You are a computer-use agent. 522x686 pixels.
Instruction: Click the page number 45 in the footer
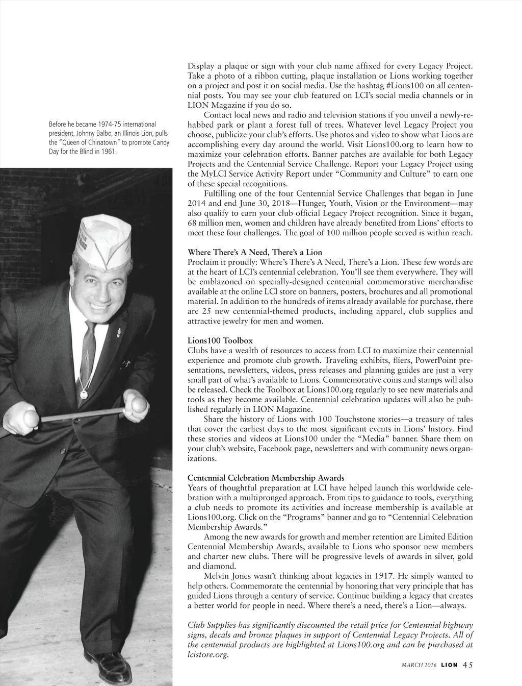point(468,665)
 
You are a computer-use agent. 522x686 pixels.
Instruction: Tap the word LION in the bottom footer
point(449,665)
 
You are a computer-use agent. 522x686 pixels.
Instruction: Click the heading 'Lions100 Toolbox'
point(220,340)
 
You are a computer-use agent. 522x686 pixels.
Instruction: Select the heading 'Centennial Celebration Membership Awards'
point(266,478)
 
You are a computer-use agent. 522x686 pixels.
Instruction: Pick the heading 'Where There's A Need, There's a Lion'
point(255,252)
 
